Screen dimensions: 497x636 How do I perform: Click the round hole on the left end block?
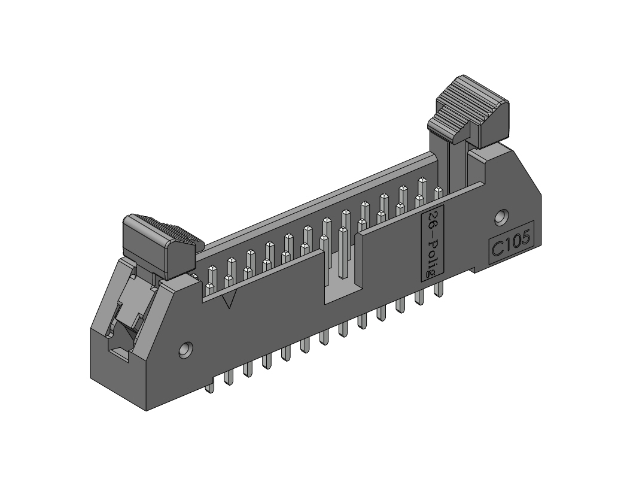(187, 348)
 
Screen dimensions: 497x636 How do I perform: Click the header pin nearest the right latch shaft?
(439, 192)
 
